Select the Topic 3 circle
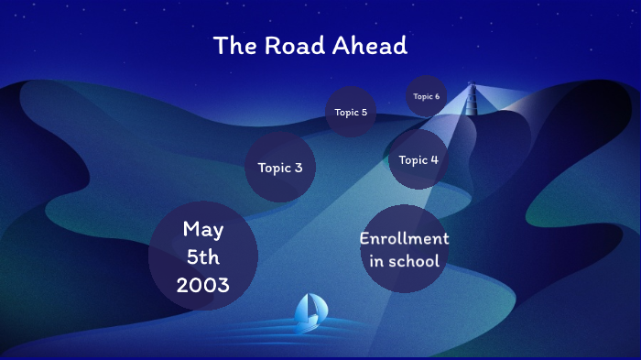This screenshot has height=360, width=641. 280,168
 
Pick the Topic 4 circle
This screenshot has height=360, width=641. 418,160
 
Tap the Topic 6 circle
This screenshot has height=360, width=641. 426,96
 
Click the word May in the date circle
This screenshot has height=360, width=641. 203,229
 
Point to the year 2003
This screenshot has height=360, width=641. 203,285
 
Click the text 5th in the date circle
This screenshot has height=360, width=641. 203,257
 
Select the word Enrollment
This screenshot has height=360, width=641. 404,239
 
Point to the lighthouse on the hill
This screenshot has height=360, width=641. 473,103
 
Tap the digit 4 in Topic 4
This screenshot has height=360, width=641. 434,160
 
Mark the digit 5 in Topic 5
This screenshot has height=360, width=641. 364,113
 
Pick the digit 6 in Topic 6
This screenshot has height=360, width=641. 437,96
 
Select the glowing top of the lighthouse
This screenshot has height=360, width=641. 473,88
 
